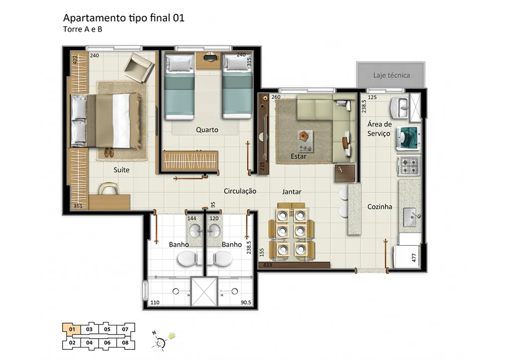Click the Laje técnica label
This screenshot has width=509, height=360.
[x=391, y=75]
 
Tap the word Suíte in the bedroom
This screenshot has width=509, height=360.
[x=121, y=170]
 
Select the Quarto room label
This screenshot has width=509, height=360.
[x=207, y=130]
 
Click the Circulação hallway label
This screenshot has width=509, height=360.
[x=240, y=191]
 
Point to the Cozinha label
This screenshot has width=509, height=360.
[x=379, y=207]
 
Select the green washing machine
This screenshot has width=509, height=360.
[x=409, y=139]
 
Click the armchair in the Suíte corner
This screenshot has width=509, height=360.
[x=138, y=68]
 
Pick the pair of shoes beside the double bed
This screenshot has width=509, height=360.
[x=109, y=152]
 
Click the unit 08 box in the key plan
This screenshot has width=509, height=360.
[x=125, y=343]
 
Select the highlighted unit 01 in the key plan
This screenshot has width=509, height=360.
[x=72, y=330]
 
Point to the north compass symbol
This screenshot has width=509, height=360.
[x=160, y=341]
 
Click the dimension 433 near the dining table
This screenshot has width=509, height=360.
[x=267, y=265]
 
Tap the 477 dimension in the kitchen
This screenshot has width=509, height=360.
[x=414, y=258]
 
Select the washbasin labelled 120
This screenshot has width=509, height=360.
[x=214, y=231]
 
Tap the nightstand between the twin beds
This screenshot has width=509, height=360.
[x=209, y=61]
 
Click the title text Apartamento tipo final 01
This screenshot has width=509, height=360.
[x=124, y=18]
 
